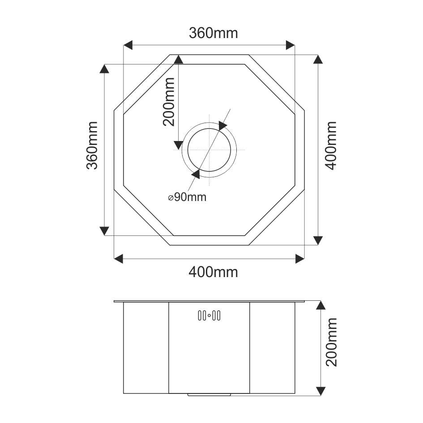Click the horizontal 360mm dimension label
click(213, 33)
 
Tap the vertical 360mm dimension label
click(92, 145)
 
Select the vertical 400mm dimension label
click(331, 145)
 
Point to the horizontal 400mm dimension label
click(213, 272)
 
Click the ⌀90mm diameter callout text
click(188, 197)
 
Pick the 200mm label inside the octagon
click(169, 101)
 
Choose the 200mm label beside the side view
click(331, 342)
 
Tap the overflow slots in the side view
click(209, 316)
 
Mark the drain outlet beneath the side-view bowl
click(209, 395)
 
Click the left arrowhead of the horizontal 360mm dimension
click(128, 45)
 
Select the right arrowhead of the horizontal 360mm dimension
click(291, 45)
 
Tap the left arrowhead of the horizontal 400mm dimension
click(119, 258)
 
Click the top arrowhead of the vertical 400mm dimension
click(318, 60)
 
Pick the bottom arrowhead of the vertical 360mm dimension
click(104, 231)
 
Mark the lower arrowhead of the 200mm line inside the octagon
click(178, 145)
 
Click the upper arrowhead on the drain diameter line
click(223, 126)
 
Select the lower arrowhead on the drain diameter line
click(196, 174)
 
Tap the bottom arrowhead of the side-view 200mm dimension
click(320, 390)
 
